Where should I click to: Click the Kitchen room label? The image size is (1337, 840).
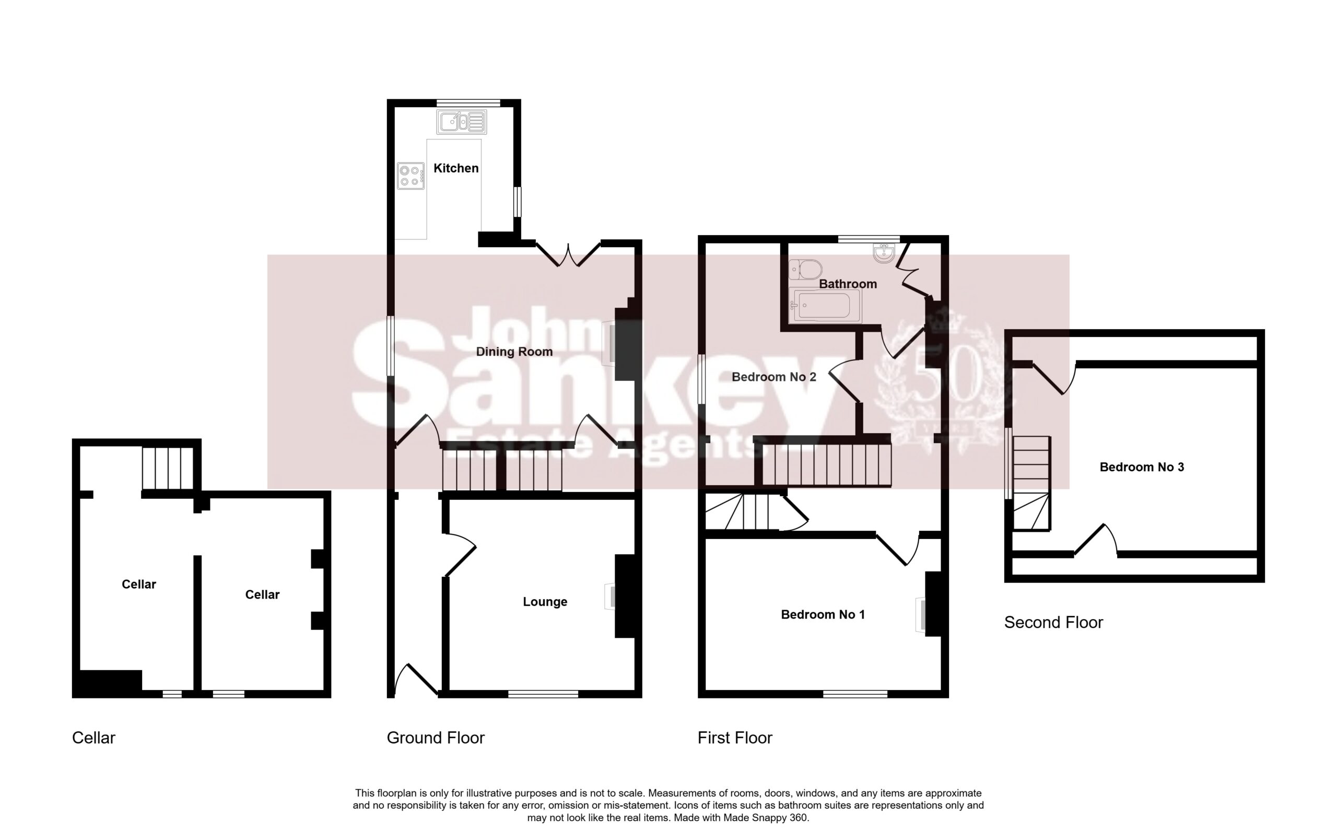click(x=456, y=168)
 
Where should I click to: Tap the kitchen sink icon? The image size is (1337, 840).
click(x=461, y=122)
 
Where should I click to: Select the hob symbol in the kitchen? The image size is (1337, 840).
click(x=411, y=176)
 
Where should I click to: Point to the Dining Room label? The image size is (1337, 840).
click(x=514, y=352)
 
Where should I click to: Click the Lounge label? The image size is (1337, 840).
click(x=545, y=602)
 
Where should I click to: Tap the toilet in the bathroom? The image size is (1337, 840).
click(x=806, y=271)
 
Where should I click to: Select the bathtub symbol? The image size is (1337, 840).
click(x=826, y=306)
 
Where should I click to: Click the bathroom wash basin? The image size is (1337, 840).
click(x=883, y=254)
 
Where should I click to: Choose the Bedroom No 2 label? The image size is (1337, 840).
click(x=774, y=377)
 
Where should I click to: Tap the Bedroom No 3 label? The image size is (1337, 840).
click(x=1142, y=467)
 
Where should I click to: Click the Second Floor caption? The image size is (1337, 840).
click(x=1053, y=622)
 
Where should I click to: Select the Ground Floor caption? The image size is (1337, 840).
click(x=435, y=738)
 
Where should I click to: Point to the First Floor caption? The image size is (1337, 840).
click(x=735, y=738)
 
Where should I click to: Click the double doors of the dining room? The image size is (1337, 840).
click(x=568, y=255)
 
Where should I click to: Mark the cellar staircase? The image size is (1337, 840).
click(x=168, y=468)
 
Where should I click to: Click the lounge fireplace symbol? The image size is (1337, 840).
click(x=610, y=597)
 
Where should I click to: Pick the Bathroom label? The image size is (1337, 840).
click(x=848, y=284)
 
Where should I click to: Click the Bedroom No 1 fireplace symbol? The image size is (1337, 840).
click(x=921, y=615)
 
